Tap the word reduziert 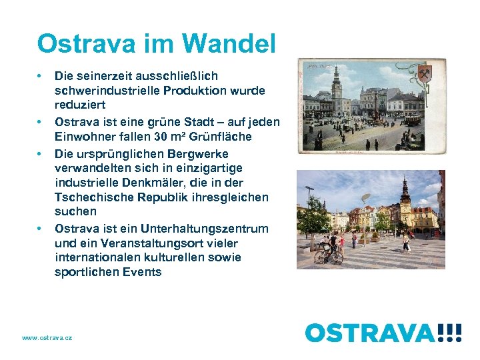click(x=80, y=105)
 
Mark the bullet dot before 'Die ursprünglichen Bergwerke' click(x=41, y=152)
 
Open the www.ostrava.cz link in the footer click(x=47, y=338)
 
